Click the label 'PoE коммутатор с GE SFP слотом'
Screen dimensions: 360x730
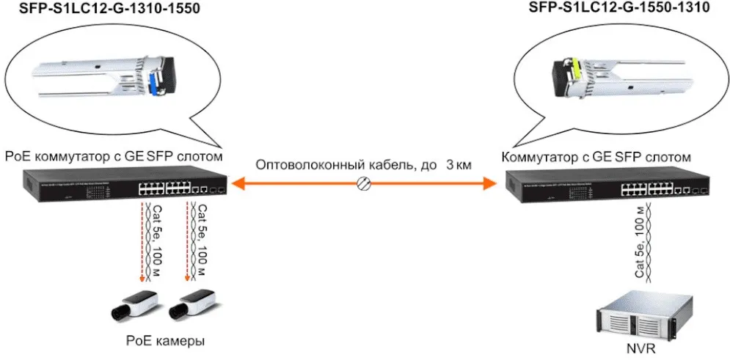coord(114,156)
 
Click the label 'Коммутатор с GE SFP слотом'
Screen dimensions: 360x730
coord(596,156)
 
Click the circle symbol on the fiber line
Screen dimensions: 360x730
coord(362,185)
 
